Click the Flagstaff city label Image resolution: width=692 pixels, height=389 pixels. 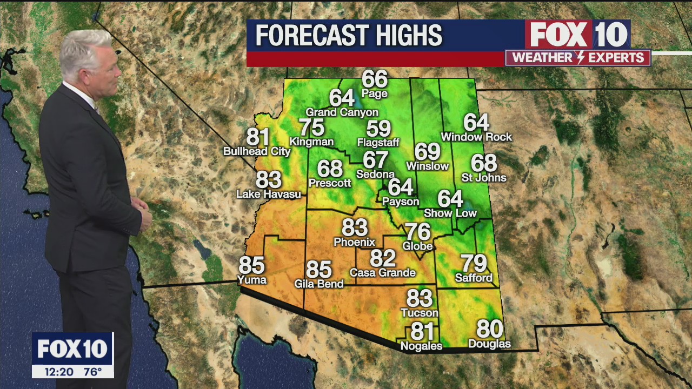click(378, 143)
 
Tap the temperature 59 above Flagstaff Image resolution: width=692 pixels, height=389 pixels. click(378, 129)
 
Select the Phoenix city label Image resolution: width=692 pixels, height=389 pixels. click(354, 242)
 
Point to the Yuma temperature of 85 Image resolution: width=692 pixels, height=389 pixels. click(251, 265)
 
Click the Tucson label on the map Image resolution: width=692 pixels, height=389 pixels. click(420, 313)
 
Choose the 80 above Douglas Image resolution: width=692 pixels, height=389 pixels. click(489, 329)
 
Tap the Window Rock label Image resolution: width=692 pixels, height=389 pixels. click(476, 137)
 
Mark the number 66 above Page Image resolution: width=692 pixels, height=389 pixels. click(375, 79)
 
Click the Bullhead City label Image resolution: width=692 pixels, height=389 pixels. click(257, 151)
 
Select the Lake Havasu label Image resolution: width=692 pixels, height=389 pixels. click(269, 193)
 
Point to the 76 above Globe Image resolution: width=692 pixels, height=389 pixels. click(418, 232)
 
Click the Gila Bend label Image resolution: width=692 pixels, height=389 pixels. click(319, 284)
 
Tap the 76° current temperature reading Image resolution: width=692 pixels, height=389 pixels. click(92, 372)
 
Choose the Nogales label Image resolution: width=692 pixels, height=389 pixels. click(421, 346)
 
